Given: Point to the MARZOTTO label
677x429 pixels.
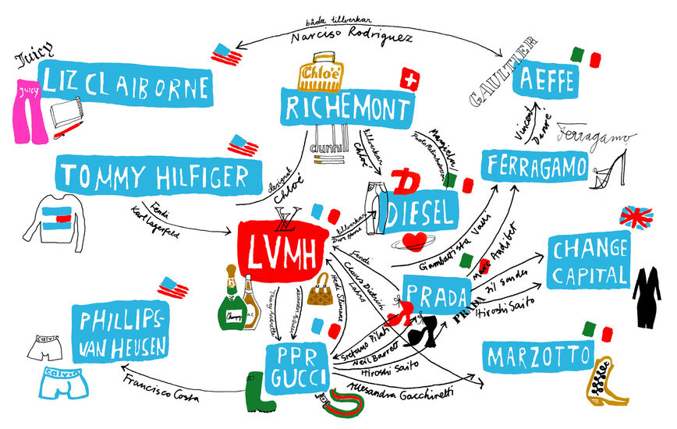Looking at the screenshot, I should (x=538, y=357).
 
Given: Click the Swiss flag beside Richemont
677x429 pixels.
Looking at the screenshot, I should (x=409, y=80).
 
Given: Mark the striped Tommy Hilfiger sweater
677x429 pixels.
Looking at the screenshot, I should (x=58, y=222).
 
